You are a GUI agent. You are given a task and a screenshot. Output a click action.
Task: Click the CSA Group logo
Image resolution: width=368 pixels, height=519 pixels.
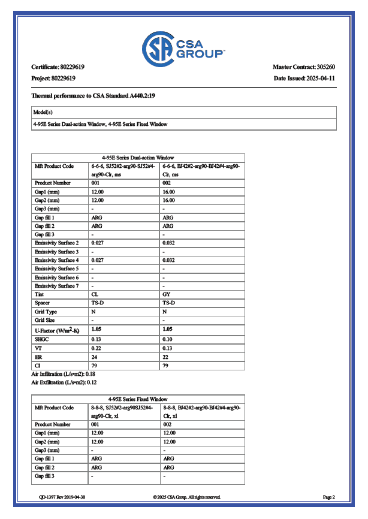pyautogui.click(x=183, y=46)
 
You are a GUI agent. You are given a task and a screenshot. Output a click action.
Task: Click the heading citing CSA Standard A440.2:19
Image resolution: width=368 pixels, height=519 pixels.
pyautogui.click(x=94, y=95)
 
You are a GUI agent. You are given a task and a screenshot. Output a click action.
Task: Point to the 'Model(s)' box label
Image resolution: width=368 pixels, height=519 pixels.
pyautogui.click(x=43, y=112)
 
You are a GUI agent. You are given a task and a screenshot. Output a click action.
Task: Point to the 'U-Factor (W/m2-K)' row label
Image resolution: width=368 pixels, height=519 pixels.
pyautogui.click(x=58, y=330)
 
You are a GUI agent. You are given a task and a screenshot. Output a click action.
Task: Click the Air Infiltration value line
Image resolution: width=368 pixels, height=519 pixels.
pyautogui.click(x=64, y=373)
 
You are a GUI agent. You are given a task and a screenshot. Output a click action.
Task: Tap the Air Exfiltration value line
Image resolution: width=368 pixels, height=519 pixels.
pyautogui.click(x=64, y=382)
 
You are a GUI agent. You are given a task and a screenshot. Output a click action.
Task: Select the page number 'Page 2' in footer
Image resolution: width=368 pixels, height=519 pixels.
pyautogui.click(x=328, y=497)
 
